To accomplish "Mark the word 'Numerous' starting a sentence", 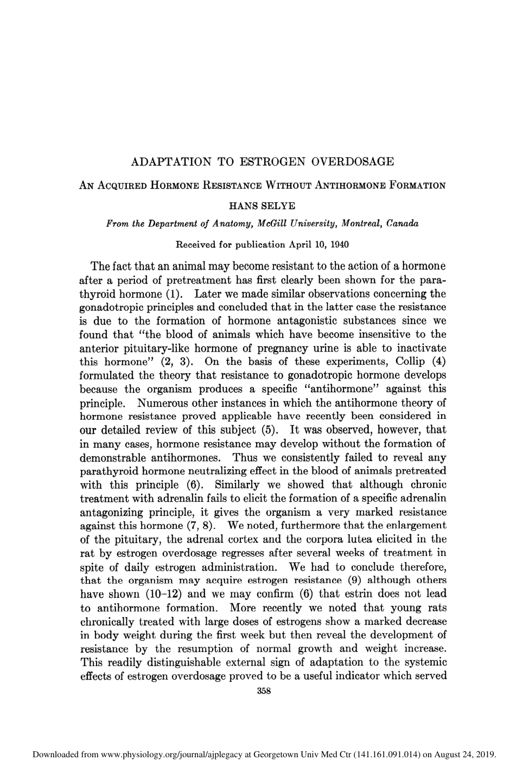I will coord(162,403).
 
